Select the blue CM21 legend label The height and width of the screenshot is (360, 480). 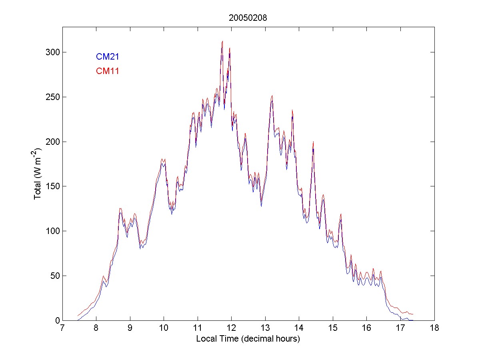(x=107, y=57)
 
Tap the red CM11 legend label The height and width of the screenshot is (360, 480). (x=107, y=71)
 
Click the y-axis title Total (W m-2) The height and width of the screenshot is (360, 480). (x=38, y=174)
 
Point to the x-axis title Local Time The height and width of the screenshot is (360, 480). (x=248, y=339)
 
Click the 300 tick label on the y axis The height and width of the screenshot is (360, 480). (x=51, y=52)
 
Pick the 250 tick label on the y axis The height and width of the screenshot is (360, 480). (x=51, y=97)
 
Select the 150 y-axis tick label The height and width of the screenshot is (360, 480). (x=51, y=186)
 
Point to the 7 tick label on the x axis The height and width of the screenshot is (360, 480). (x=62, y=328)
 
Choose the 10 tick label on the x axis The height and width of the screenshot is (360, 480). (x=164, y=328)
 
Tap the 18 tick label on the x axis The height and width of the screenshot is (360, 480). (x=434, y=328)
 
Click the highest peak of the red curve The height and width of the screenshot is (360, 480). (x=222, y=41)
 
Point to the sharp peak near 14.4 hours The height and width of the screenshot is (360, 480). (x=313, y=142)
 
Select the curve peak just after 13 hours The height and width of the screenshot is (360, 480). (x=272, y=96)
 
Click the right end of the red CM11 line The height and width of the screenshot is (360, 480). (x=413, y=314)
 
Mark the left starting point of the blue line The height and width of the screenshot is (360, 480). (x=78, y=320)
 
